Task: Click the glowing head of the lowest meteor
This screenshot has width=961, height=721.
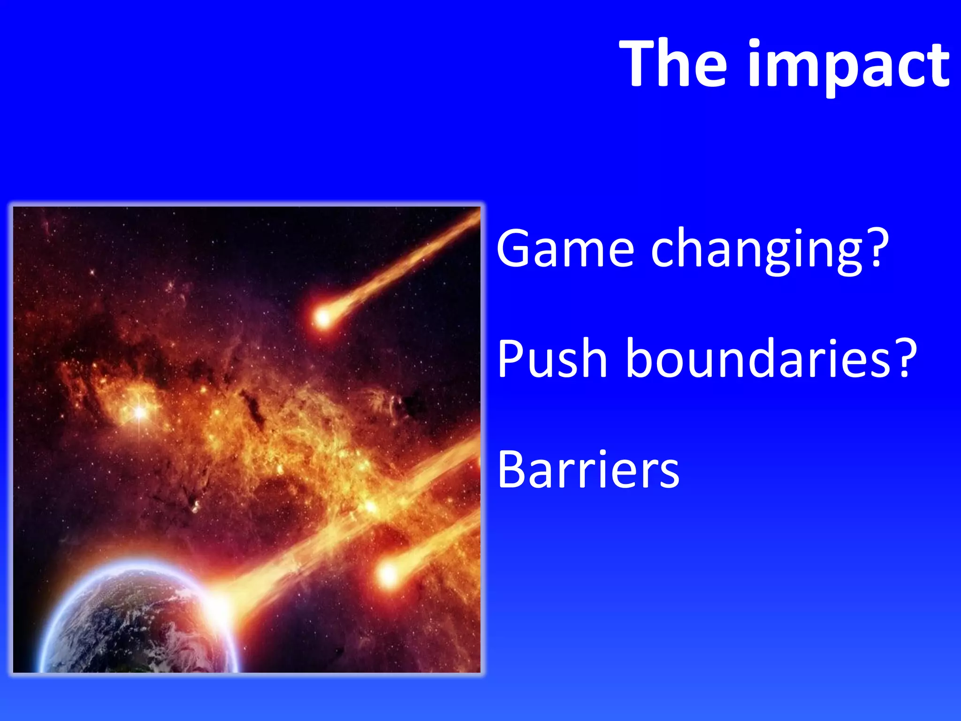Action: [x=389, y=574]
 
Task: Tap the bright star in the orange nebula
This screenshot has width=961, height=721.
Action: [x=140, y=412]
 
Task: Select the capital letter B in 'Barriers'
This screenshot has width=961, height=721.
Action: [x=511, y=469]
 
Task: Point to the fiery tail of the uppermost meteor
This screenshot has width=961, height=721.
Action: [x=399, y=268]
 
